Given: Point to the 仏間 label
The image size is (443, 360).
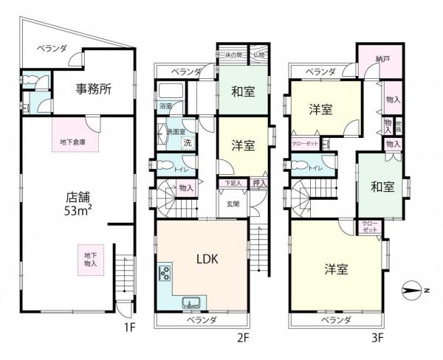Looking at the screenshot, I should [x=260, y=55].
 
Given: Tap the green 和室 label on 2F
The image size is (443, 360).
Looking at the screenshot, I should [x=244, y=94].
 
